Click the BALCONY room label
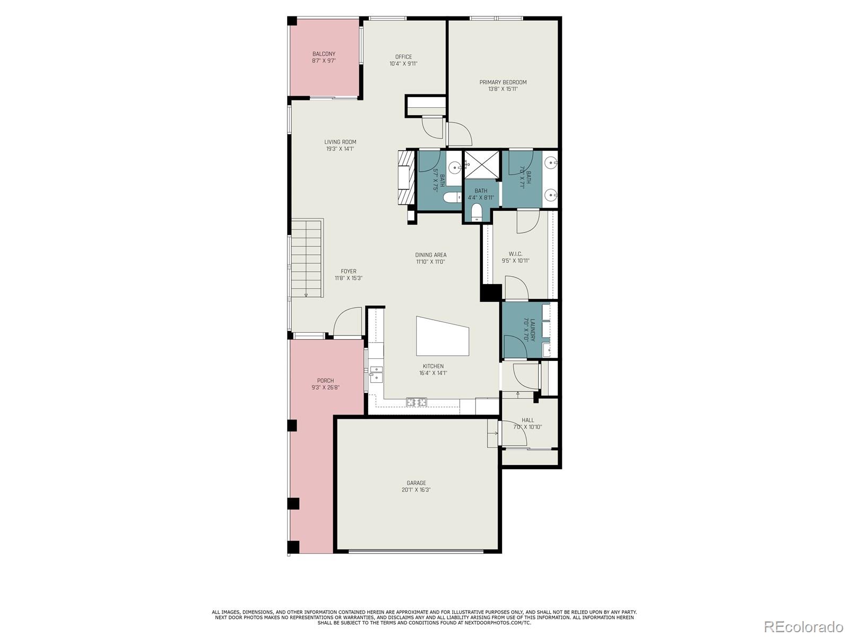[x=324, y=54]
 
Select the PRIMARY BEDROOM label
[x=503, y=82]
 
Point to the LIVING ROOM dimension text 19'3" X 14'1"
[x=340, y=149]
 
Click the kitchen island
[x=443, y=337]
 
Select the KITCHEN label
[x=433, y=366]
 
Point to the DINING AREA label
[x=430, y=255]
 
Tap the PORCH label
[x=325, y=381]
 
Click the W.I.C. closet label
[x=515, y=254]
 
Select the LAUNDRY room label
[x=529, y=330]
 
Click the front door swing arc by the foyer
[x=346, y=322]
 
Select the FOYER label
[x=349, y=271]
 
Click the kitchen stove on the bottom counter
[x=417, y=402]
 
